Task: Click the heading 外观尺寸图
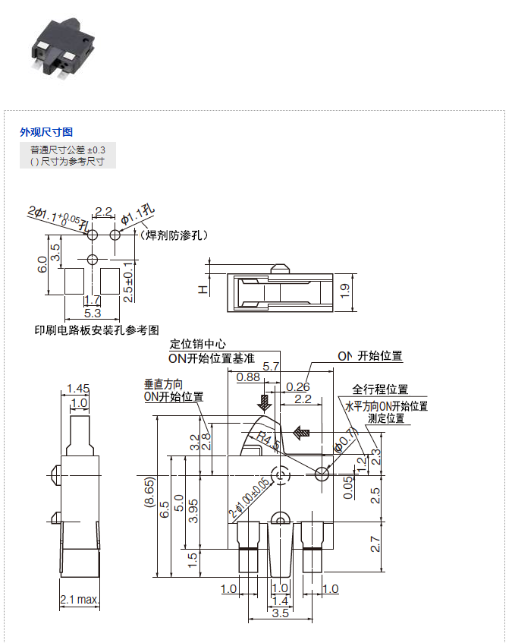(x=46, y=132)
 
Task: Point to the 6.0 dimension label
(x=43, y=265)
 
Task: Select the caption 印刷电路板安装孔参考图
(x=96, y=329)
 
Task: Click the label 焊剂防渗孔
(x=174, y=235)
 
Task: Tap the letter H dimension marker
(x=202, y=289)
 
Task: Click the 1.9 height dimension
(x=345, y=291)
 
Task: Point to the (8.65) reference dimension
(x=149, y=496)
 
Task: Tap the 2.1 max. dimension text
(x=80, y=600)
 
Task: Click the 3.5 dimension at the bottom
(x=280, y=613)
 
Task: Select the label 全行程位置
(x=380, y=389)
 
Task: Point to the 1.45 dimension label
(x=79, y=388)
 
